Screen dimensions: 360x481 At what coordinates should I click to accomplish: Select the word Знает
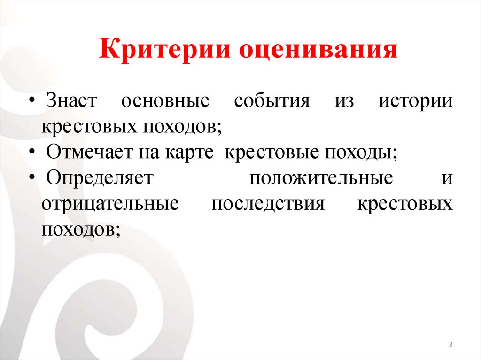(72, 101)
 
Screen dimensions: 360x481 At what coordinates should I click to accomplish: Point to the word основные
(164, 101)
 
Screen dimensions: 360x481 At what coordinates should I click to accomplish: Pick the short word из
(344, 101)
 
